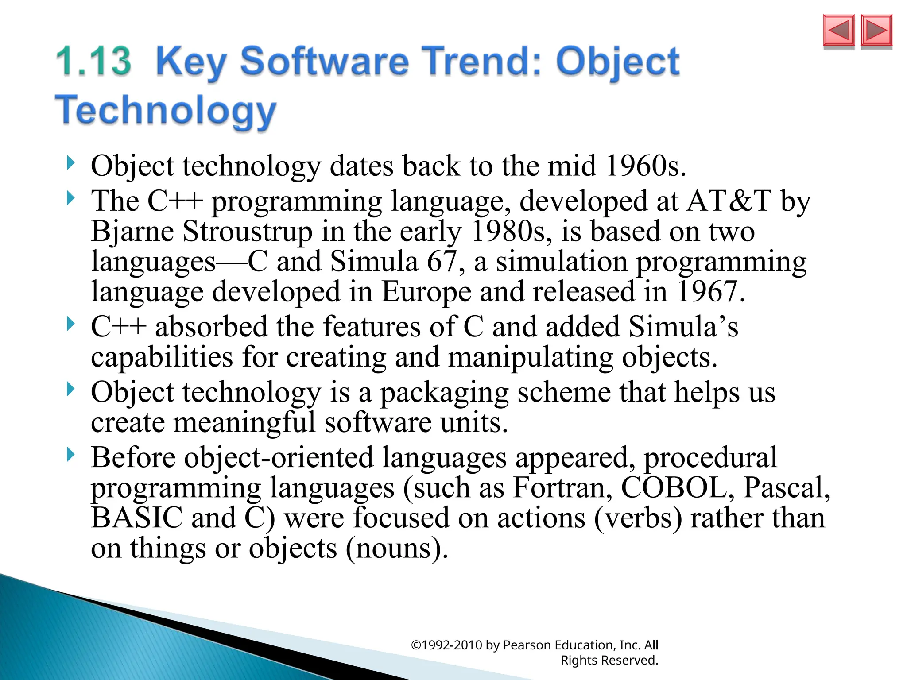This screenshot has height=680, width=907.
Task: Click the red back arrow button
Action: [x=838, y=31]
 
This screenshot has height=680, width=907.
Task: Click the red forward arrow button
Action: [x=876, y=31]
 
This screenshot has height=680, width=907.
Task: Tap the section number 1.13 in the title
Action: [x=94, y=62]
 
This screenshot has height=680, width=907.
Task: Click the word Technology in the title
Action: [x=166, y=111]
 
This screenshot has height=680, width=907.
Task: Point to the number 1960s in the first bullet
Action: [x=645, y=166]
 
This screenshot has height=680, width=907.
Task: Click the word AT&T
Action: [x=729, y=201]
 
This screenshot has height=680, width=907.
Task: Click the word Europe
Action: [x=426, y=292]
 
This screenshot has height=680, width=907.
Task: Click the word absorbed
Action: [x=211, y=327]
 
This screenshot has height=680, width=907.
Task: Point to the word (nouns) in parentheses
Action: [x=396, y=549]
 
